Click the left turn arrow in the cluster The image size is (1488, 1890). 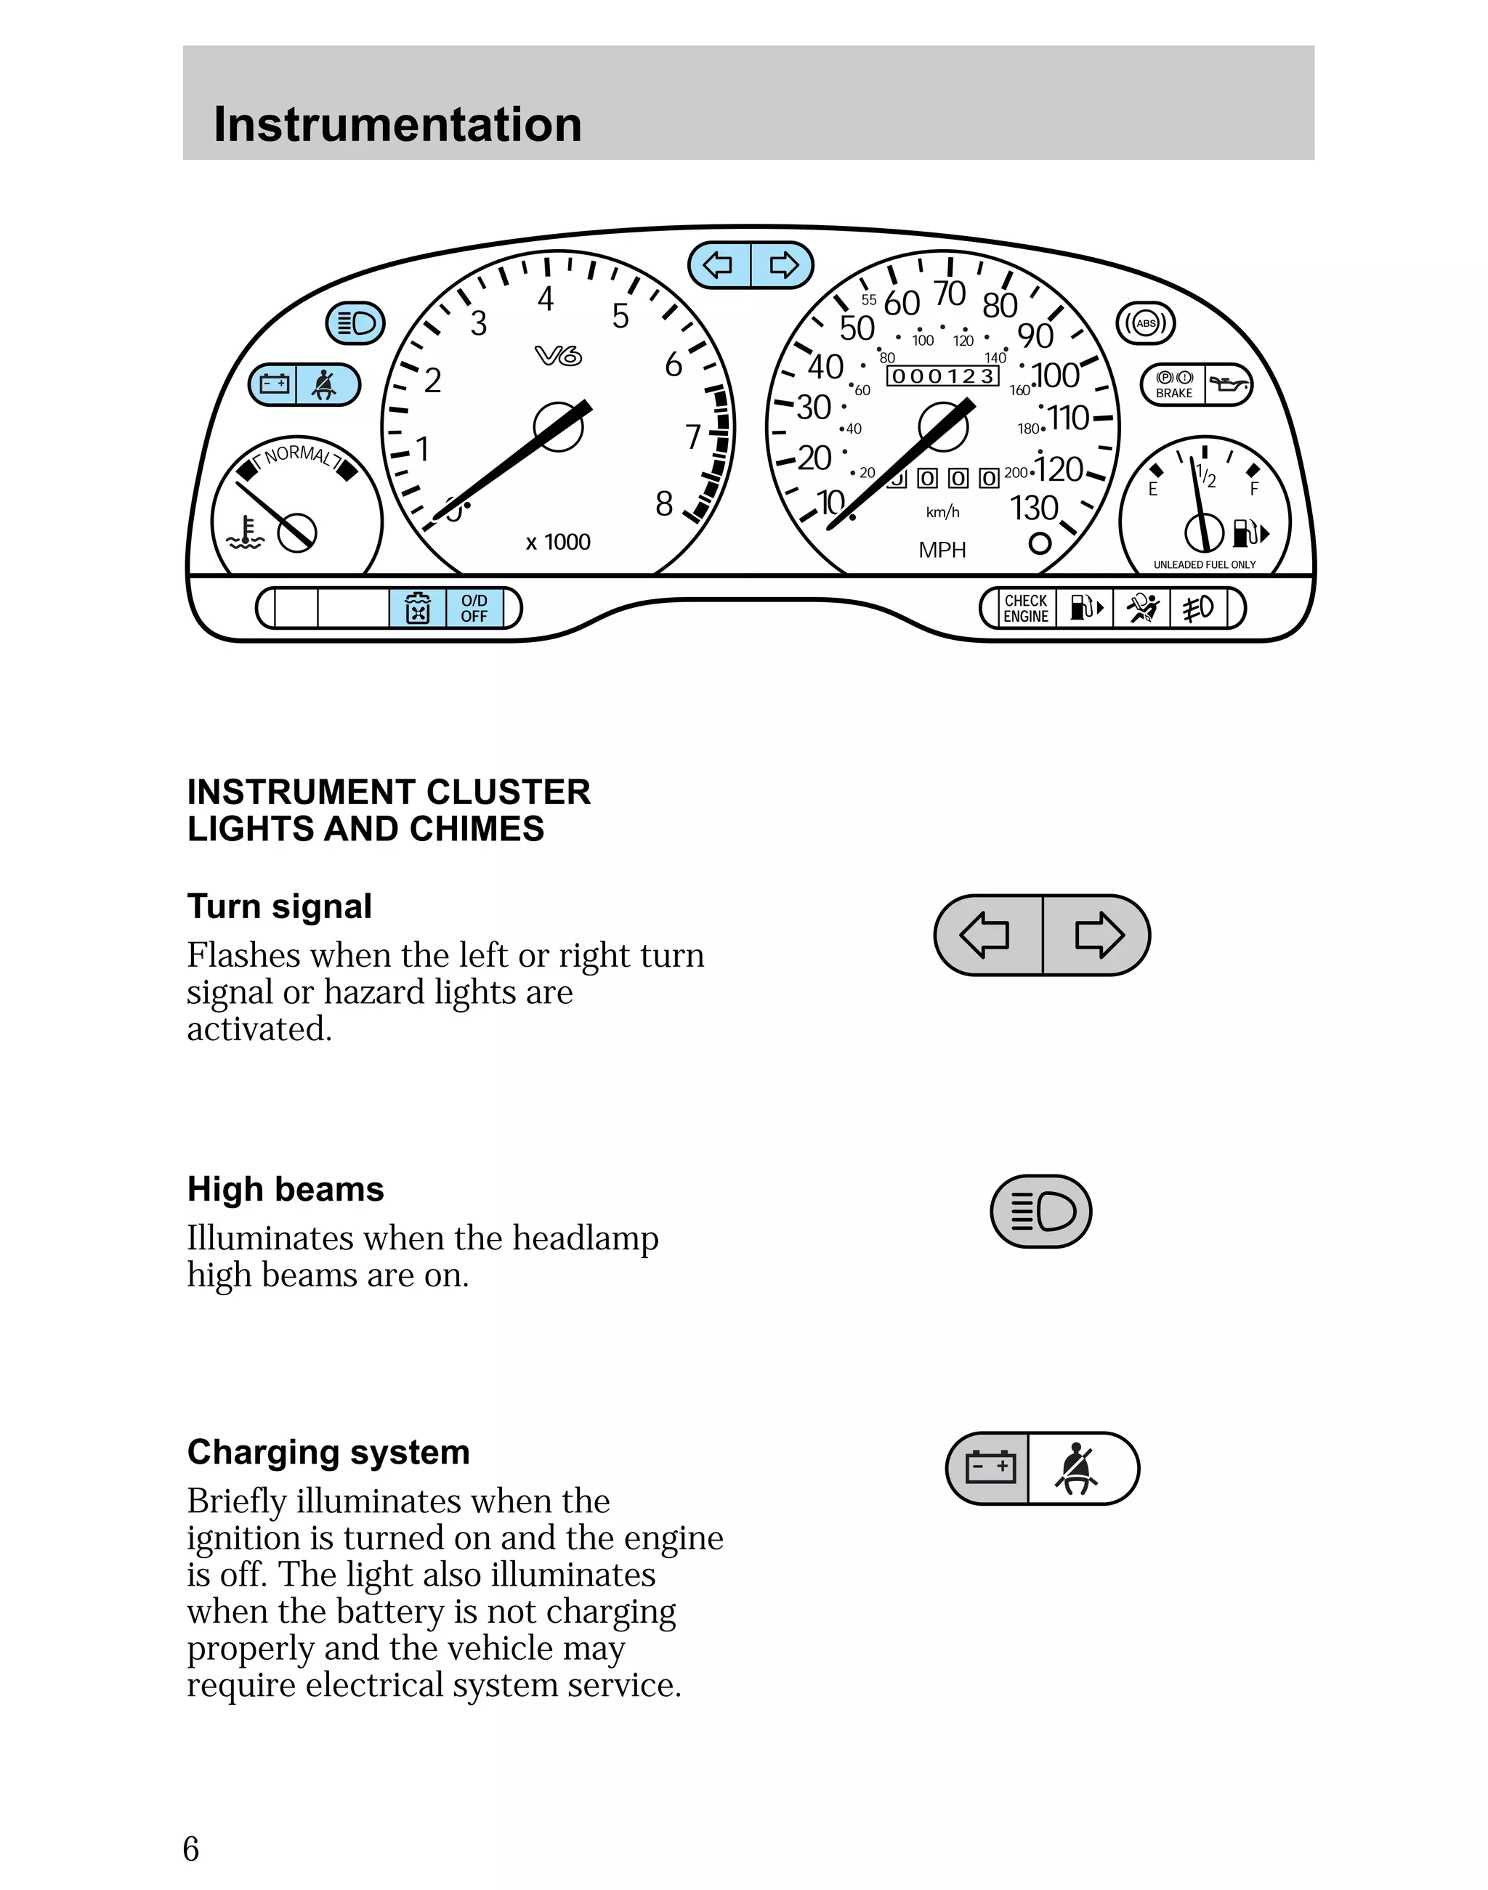[x=719, y=265]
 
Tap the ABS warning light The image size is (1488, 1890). [x=1146, y=323]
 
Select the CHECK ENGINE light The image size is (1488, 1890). [x=1025, y=608]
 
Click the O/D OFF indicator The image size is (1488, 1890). [x=474, y=608]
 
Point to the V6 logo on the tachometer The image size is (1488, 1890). [x=557, y=355]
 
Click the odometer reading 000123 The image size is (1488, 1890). [x=942, y=376]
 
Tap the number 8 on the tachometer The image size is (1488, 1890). [x=664, y=504]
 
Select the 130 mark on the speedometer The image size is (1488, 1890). [x=1033, y=508]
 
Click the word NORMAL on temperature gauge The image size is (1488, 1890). [x=297, y=455]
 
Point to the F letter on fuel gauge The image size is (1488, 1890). [x=1253, y=489]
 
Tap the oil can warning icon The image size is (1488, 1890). [x=1229, y=384]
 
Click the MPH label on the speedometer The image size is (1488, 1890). [x=942, y=550]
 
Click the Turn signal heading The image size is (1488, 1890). [x=280, y=906]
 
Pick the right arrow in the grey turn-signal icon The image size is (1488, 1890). [x=1099, y=935]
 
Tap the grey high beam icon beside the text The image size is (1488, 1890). [x=1041, y=1211]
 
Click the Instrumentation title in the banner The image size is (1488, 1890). [x=397, y=123]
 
